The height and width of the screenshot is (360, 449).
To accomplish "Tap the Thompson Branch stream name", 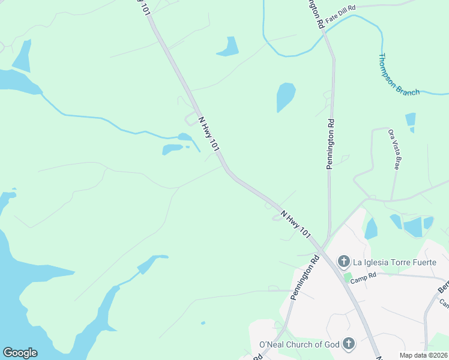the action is tap(399, 74).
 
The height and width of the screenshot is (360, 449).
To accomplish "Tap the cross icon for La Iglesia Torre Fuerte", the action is tap(343, 261).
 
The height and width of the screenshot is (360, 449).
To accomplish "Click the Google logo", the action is tap(20, 353).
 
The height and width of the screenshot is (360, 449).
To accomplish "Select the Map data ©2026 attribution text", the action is tap(423, 355).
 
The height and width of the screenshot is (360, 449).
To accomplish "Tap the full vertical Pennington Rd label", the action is tap(330, 144).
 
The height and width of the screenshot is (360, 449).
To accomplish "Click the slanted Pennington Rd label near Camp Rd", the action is tap(304, 278).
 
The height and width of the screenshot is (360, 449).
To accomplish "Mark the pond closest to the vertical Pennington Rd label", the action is tap(285, 96).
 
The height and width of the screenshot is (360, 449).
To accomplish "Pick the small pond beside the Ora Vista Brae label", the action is tap(411, 122).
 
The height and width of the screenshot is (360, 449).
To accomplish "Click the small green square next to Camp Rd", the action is tap(348, 277).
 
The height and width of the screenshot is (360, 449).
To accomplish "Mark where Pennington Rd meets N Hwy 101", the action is tap(322, 247).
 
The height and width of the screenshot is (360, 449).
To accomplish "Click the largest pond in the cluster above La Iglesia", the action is tap(413, 227).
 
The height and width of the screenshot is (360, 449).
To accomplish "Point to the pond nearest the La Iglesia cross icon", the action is tap(371, 229).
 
